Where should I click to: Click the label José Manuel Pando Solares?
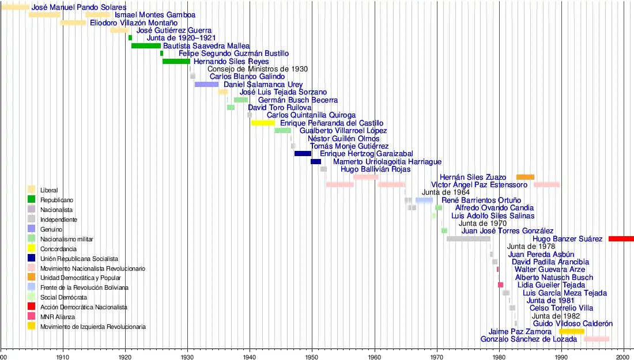point(79,7)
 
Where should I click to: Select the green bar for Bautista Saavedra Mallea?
point(146,46)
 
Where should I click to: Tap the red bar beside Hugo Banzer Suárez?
point(621,238)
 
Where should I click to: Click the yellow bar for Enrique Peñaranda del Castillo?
point(263,123)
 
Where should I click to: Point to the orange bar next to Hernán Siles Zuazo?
point(525,177)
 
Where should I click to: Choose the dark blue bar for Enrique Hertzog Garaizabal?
point(303,154)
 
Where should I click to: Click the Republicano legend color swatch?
point(31,199)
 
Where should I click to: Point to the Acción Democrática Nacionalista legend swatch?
point(31,307)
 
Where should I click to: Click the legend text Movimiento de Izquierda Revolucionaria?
point(93,327)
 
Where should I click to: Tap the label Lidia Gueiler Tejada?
point(551,285)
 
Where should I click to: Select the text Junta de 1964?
point(446,192)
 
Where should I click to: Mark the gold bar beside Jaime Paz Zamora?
point(571,331)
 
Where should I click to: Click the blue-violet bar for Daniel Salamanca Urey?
point(206,84)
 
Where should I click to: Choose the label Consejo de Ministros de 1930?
point(258,69)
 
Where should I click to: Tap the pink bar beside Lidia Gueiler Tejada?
point(500,285)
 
